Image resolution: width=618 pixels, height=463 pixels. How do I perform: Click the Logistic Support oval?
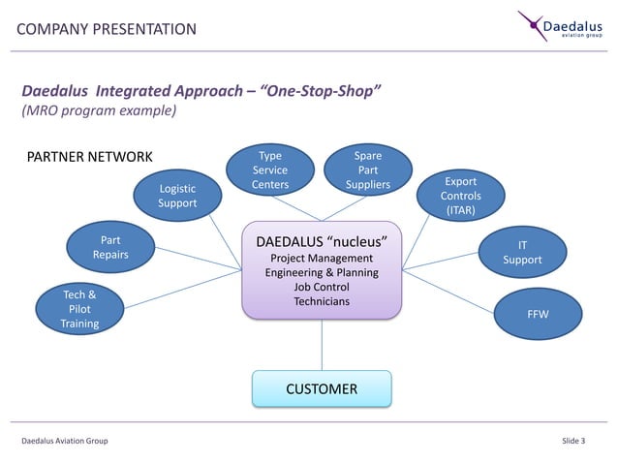pyautogui.click(x=177, y=196)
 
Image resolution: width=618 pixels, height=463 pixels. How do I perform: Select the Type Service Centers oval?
pyautogui.click(x=270, y=170)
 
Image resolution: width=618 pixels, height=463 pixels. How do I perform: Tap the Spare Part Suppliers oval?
pyautogui.click(x=367, y=170)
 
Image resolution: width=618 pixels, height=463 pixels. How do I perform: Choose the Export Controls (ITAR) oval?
pyautogui.click(x=460, y=196)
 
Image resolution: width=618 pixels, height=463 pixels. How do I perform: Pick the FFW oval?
pyautogui.click(x=537, y=315)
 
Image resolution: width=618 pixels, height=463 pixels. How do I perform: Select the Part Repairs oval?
pyautogui.click(x=110, y=247)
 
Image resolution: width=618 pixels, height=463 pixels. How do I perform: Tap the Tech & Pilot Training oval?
pyautogui.click(x=79, y=309)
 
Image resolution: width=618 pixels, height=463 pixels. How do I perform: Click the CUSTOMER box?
pyautogui.click(x=322, y=388)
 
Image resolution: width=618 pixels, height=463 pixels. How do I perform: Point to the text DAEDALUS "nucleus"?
pyautogui.click(x=322, y=239)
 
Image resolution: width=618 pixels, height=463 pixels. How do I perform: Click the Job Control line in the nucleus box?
pyautogui.click(x=322, y=288)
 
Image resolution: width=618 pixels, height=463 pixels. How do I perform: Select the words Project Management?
pyautogui.click(x=322, y=259)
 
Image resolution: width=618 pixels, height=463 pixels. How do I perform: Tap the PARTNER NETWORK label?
pyautogui.click(x=89, y=157)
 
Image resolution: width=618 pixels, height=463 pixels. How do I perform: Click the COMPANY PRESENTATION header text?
pyautogui.click(x=107, y=29)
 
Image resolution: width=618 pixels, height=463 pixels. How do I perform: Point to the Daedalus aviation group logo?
pyautogui.click(x=562, y=26)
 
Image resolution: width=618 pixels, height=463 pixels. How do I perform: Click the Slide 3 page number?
pyautogui.click(x=573, y=442)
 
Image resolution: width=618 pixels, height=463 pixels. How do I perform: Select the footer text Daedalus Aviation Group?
pyautogui.click(x=65, y=442)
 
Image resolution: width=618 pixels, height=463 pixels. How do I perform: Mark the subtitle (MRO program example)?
pyautogui.click(x=99, y=111)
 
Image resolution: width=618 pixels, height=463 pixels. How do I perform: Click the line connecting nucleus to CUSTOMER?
pyautogui.click(x=322, y=344)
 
